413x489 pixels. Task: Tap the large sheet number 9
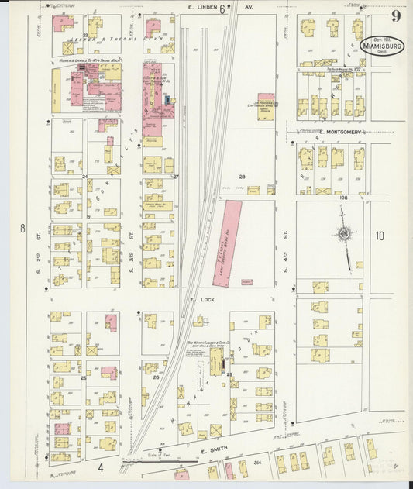(395, 16)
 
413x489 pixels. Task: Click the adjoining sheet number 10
(380, 236)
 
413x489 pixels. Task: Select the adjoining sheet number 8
(23, 228)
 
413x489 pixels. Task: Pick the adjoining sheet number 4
(100, 467)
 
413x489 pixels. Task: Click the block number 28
(242, 177)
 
